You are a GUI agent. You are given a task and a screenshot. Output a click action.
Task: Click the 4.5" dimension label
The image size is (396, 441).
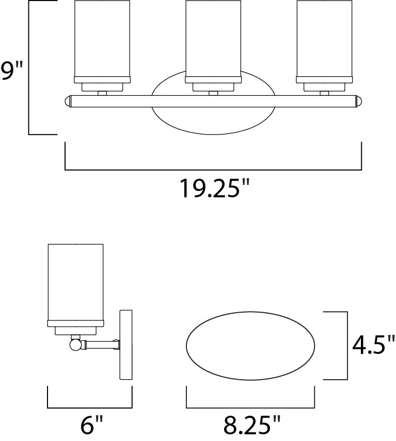pyautogui.click(x=373, y=345)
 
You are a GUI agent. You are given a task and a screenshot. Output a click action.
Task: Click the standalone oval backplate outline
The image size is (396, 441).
pyautogui.click(x=250, y=345)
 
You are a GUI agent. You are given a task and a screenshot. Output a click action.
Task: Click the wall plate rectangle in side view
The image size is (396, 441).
pyautogui.click(x=126, y=345)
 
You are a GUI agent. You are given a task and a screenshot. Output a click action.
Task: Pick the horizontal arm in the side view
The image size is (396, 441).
pyautogui.click(x=101, y=344)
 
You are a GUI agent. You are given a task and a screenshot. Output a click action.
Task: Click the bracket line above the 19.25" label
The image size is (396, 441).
pyautogui.click(x=213, y=169)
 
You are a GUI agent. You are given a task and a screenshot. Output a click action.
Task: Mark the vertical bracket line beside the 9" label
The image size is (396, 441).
pyautogui.click(x=29, y=67)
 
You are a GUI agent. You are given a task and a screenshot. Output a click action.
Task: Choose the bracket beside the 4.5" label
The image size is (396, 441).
pyautogui.click(x=346, y=345)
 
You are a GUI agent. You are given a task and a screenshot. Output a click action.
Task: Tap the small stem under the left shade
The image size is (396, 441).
pyautogui.click(x=102, y=93)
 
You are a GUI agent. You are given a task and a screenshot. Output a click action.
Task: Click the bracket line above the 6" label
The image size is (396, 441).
pyautogui.click(x=90, y=406)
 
